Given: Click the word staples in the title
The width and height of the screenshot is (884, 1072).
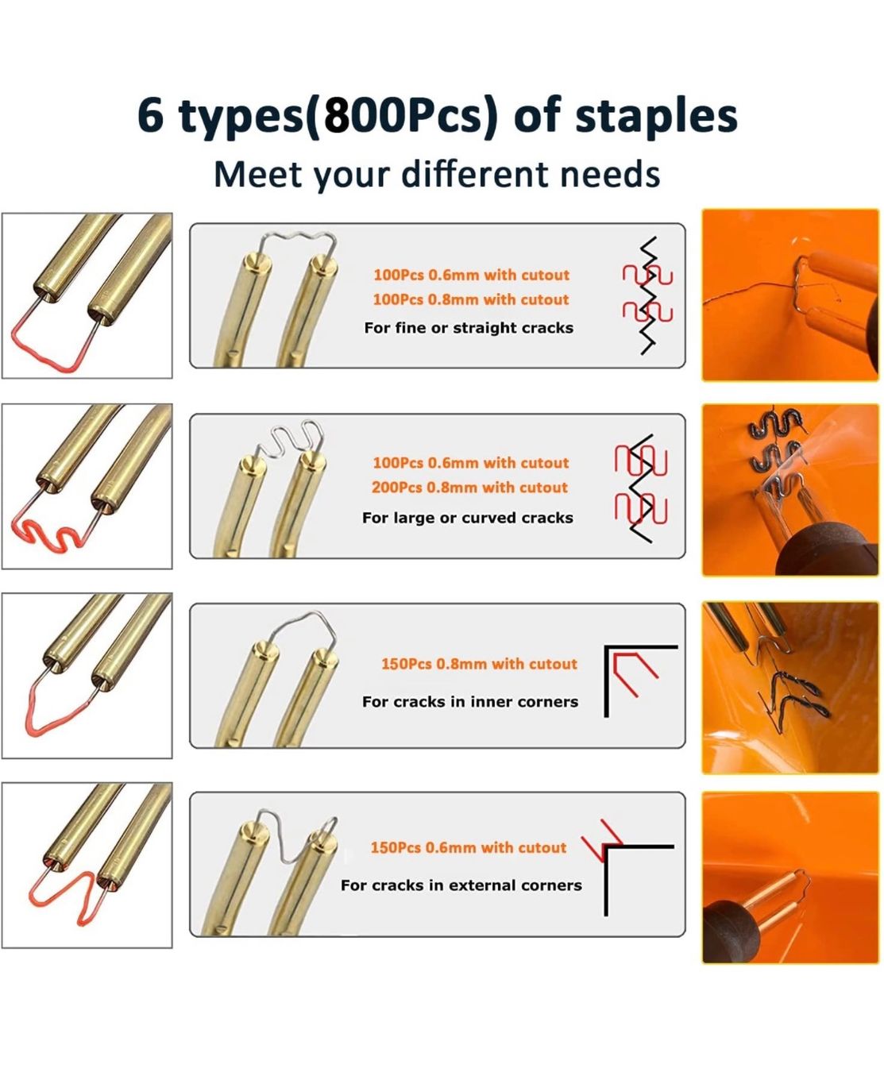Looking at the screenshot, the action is (656, 117).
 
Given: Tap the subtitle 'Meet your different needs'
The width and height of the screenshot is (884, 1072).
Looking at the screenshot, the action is (437, 175).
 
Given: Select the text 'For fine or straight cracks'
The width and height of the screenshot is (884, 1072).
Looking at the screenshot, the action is (469, 327).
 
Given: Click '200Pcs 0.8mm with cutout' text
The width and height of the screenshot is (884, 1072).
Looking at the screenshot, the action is (469, 487).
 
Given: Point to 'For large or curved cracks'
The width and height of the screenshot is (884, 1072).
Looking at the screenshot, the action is (468, 517).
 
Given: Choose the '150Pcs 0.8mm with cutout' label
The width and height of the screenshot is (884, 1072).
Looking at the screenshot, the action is (479, 663).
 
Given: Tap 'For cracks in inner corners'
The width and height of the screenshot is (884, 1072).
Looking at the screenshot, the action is (470, 701).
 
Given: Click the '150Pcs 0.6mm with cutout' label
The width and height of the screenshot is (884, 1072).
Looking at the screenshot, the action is (468, 847).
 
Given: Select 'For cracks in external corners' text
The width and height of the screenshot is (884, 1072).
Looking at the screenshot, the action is (461, 885).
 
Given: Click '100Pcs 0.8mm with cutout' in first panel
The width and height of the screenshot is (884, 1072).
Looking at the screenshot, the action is (470, 299).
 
